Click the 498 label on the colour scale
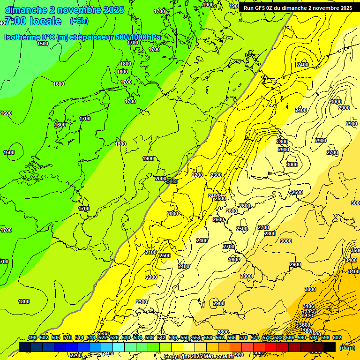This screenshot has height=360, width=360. pyautogui.click(x=32, y=337)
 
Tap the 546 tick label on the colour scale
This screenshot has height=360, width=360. pyautogui.click(x=173, y=337)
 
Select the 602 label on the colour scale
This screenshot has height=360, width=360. pyautogui.click(x=337, y=337)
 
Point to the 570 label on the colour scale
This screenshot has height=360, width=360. pyautogui.click(x=243, y=337)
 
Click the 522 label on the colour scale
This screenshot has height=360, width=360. pyautogui.click(x=103, y=337)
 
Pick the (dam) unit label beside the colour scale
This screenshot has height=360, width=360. pyautogui.click(x=347, y=347)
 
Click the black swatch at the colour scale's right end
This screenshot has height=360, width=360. pyautogui.click(x=330, y=347)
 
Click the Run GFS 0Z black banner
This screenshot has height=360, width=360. pyautogui.click(x=298, y=8)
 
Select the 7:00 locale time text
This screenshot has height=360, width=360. pyautogui.click(x=33, y=21)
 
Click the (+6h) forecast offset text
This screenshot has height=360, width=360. pyautogui.click(x=79, y=21)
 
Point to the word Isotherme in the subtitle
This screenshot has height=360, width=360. pyautogui.click(x=22, y=37)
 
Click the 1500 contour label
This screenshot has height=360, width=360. pyautogui.click(x=43, y=44)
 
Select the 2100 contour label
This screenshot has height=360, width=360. pyautogui.click(x=151, y=252)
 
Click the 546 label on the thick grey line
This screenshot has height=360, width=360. pyautogui.click(x=172, y=181)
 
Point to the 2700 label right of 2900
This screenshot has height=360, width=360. pyautogui.click(x=332, y=152)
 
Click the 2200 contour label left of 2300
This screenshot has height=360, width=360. pyautogui.click(x=197, y=175)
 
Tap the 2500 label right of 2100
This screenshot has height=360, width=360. pyautogui.click(x=165, y=255)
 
